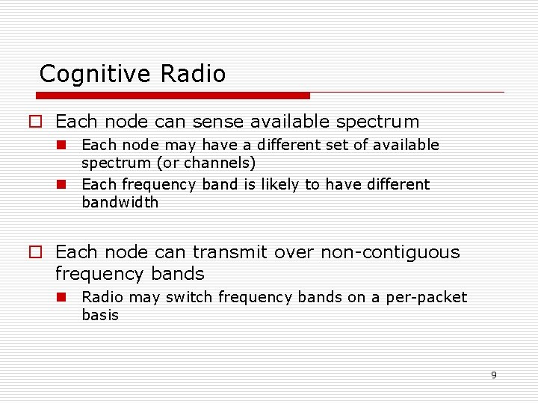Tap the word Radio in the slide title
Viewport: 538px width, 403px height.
pos(192,74)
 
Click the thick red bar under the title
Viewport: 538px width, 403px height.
pos(173,96)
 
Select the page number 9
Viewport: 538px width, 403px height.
pos(493,375)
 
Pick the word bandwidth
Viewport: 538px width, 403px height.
pos(120,202)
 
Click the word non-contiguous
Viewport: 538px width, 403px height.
pos(390,252)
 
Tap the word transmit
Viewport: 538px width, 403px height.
pos(231,252)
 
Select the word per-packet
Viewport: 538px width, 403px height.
pos(426,297)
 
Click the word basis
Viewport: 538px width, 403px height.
pos(100,315)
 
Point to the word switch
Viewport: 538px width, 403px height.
pos(189,297)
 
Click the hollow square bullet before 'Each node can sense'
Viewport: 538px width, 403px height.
pos(35,122)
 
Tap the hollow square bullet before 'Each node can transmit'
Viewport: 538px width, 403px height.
pos(35,253)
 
